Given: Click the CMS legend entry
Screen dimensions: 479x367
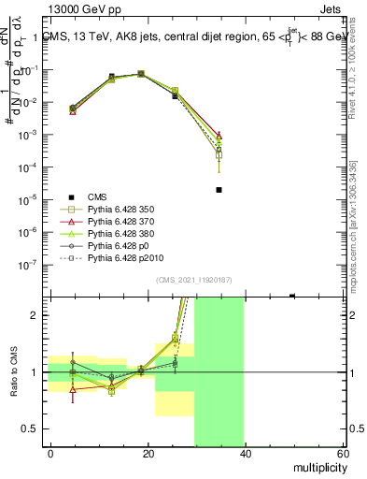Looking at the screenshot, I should point(97,196).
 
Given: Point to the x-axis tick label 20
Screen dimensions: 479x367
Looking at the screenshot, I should point(148,453).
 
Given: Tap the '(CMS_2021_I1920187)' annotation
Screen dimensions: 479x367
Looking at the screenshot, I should point(193,280).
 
